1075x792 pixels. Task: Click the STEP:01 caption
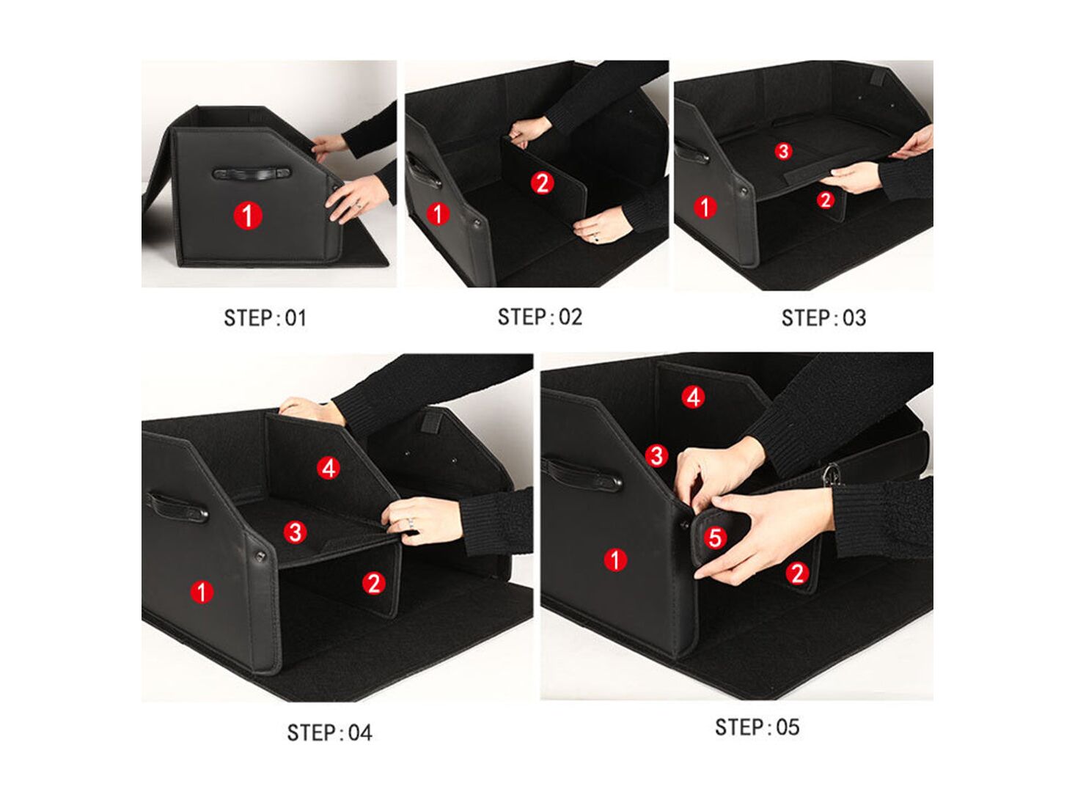265,318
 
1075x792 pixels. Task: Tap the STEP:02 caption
540,318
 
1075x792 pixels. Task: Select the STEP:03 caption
823,318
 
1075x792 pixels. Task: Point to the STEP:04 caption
330,733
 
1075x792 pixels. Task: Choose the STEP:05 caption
757,727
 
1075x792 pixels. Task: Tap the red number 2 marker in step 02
543,183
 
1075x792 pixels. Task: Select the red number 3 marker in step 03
783,151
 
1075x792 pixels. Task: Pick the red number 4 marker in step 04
329,468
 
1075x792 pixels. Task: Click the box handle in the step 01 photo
252,173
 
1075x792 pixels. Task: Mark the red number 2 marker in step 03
826,199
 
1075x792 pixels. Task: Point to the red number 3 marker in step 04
295,532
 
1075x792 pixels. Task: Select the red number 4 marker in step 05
693,397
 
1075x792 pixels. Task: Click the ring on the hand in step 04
411,523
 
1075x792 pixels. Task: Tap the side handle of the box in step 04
177,507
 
